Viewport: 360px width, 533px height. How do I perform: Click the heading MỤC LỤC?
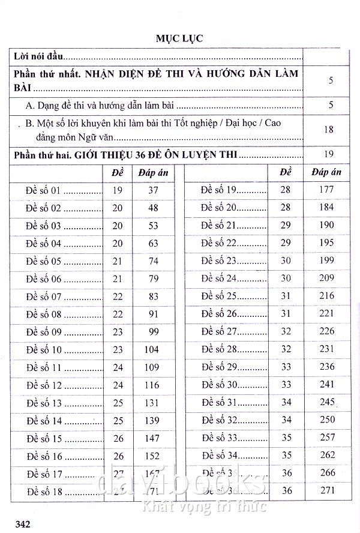pyautogui.click(x=179, y=38)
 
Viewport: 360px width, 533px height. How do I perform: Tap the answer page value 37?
pyautogui.click(x=153, y=191)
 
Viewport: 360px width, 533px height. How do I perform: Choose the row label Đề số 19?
pyautogui.click(x=219, y=191)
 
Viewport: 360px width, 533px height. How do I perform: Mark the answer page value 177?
pyautogui.click(x=326, y=191)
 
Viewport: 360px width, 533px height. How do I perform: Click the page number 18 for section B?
pyautogui.click(x=328, y=129)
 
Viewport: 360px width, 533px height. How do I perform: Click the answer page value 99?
pyautogui.click(x=153, y=332)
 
